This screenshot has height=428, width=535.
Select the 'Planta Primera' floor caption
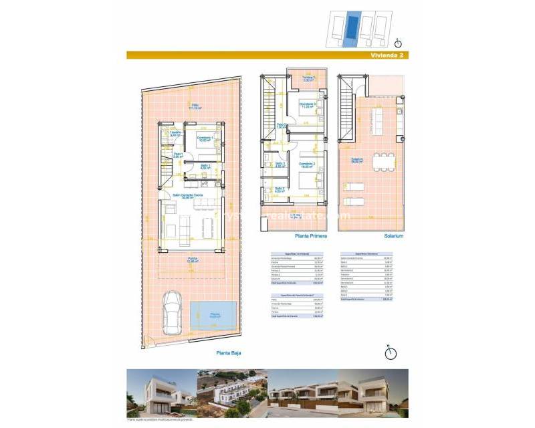309,236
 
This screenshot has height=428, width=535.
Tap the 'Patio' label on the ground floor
195,105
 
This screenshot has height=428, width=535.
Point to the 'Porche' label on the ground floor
192,260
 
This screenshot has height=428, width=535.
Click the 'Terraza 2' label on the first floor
308,78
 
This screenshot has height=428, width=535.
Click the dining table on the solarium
384,161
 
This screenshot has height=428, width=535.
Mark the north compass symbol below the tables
391,352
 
